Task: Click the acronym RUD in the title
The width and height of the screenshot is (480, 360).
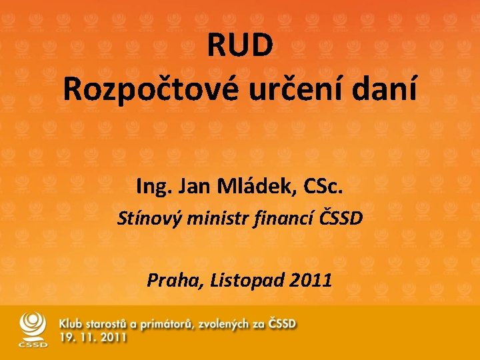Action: pyautogui.click(x=240, y=45)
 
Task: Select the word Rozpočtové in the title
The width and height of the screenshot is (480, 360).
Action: pyautogui.click(x=141, y=88)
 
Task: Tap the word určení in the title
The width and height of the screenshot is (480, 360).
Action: pyautogui.click(x=285, y=88)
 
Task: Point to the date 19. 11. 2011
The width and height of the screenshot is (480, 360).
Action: pyautogui.click(x=93, y=338)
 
